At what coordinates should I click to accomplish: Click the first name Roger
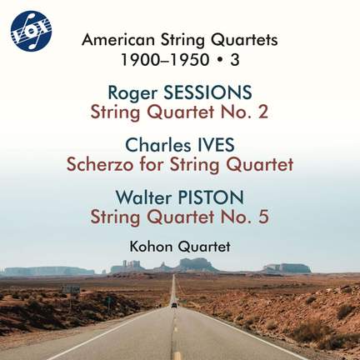pos(132,91)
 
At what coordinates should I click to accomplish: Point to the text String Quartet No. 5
pos(180,217)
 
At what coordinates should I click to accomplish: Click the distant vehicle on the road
pos(174,304)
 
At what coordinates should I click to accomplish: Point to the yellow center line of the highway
pos(176,333)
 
